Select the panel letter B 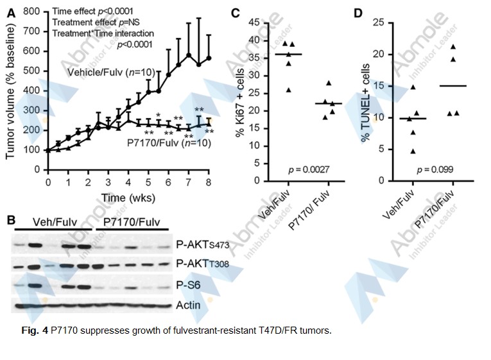click(11, 220)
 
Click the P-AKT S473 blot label click(202, 244)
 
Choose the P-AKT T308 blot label click(202, 264)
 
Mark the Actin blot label click(187, 305)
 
